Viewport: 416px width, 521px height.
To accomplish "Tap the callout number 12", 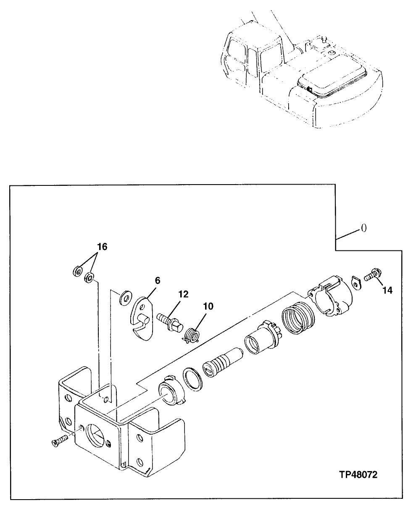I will (183, 294).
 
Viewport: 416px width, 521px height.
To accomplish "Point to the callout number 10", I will (208, 307).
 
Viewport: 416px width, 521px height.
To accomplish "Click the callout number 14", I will (387, 290).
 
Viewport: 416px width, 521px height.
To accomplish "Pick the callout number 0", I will (364, 228).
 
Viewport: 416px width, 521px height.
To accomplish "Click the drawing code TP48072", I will (358, 475).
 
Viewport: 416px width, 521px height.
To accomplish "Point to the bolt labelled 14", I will (372, 276).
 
